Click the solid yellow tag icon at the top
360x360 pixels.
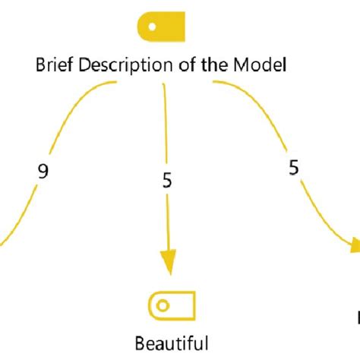pos(161,27)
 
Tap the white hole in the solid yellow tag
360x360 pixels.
pos(153,27)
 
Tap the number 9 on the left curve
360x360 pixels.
pos(43,171)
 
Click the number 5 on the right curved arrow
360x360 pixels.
pos(293,168)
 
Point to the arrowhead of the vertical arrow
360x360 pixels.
pos(166,262)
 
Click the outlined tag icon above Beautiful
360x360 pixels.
pos(170,284)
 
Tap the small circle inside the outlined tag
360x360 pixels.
pos(161,284)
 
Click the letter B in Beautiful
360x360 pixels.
pos(140,321)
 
